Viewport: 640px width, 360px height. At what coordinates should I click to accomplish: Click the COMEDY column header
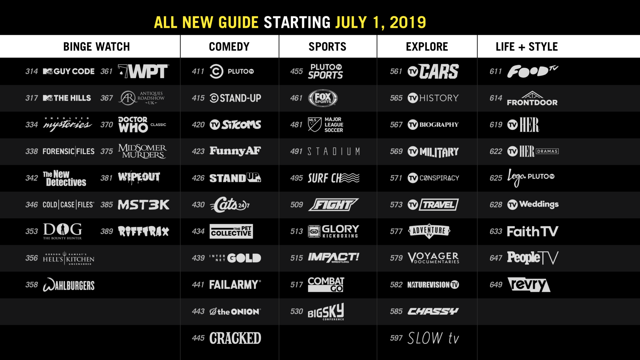click(x=229, y=47)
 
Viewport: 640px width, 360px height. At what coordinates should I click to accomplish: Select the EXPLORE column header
click(x=427, y=47)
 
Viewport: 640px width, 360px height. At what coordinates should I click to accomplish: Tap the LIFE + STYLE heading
click(x=527, y=47)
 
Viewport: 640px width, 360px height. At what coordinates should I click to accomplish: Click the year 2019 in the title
click(x=408, y=22)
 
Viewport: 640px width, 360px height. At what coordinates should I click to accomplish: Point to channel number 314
click(x=32, y=71)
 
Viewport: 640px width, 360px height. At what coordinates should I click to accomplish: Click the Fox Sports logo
click(x=323, y=98)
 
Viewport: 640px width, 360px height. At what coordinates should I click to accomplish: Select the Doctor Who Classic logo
click(x=142, y=125)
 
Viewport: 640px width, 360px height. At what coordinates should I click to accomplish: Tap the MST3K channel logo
click(x=143, y=205)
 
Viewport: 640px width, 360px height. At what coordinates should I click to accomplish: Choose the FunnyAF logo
click(x=235, y=151)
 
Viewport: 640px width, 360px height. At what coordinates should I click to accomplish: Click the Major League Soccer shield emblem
click(x=314, y=125)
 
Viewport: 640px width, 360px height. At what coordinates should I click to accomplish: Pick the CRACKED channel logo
click(x=235, y=338)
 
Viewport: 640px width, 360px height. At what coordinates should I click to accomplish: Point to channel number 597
click(x=396, y=338)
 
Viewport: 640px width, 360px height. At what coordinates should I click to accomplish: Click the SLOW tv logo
click(x=433, y=338)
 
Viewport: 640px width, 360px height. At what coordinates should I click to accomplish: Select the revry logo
click(x=529, y=285)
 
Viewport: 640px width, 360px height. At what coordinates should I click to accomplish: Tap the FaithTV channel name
click(x=532, y=232)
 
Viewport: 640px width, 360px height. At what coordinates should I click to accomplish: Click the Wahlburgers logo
click(x=68, y=285)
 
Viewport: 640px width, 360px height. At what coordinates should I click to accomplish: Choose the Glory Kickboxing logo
click(x=333, y=231)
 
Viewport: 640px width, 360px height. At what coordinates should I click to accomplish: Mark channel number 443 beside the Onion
click(x=198, y=311)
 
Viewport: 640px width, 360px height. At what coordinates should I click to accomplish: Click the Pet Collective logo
click(x=231, y=231)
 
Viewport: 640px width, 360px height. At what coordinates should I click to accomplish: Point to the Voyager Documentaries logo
click(x=433, y=258)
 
